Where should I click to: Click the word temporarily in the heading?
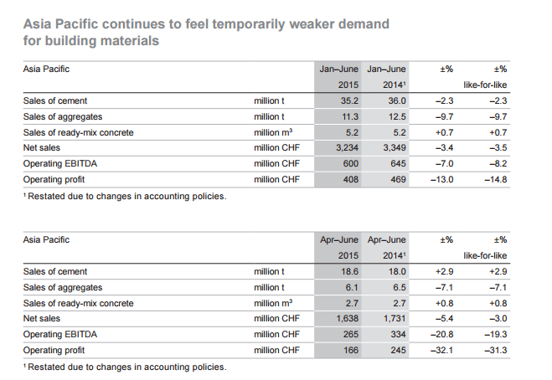pos(249,24)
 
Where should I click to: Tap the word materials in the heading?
pos(130,41)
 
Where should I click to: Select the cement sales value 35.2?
pos(349,101)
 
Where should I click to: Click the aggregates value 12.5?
pos(397,117)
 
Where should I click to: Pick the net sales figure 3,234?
pos(347,148)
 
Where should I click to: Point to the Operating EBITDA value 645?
pos(398,163)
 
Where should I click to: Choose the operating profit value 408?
pos(351,179)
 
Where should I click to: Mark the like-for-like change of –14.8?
pos(496,179)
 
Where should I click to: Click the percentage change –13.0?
pos(442,179)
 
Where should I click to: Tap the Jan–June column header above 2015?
pos(338,69)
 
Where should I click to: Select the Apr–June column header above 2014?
pos(386,240)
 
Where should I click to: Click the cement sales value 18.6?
pos(349,272)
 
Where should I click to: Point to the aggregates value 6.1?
pos(352,287)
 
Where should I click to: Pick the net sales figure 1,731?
pos(395,318)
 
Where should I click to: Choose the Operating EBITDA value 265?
pos(351,334)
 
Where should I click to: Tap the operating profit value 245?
pos(398,350)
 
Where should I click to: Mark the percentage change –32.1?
pos(442,350)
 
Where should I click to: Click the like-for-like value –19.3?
pos(496,334)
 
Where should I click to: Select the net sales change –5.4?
pos(444,318)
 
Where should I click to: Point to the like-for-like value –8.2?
pos(498,163)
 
